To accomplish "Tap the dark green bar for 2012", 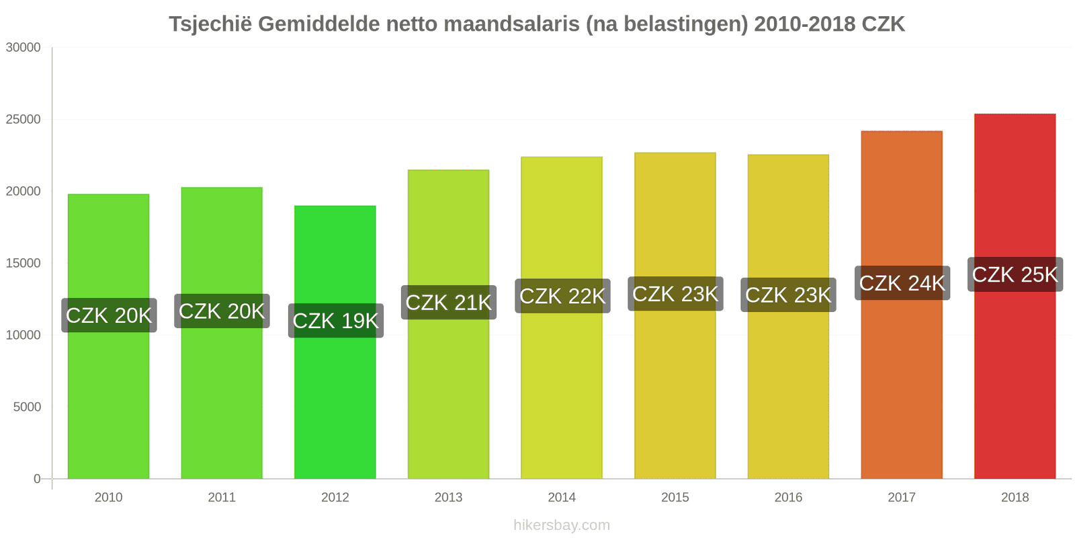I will pyautogui.click(x=335, y=403).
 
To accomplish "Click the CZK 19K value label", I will pyautogui.click(x=336, y=321).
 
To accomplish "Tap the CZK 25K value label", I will pyautogui.click(x=1015, y=274).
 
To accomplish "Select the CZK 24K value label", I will pyautogui.click(x=902, y=283).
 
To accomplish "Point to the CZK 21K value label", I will pyautogui.click(x=449, y=303).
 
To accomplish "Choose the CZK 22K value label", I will pyautogui.click(x=562, y=296).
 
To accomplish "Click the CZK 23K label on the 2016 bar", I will pyautogui.click(x=788, y=295).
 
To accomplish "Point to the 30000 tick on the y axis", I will pyautogui.click(x=24, y=48).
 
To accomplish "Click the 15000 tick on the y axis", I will pyautogui.click(x=24, y=264).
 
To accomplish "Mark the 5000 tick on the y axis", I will pyautogui.click(x=27, y=407).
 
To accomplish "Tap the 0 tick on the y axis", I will pyautogui.click(x=37, y=479).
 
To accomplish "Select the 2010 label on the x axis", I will pyautogui.click(x=108, y=498).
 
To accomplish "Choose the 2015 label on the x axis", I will pyautogui.click(x=675, y=498).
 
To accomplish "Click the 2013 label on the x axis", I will pyautogui.click(x=448, y=498).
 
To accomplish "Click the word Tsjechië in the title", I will pyautogui.click(x=210, y=24).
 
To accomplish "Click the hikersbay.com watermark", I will pyautogui.click(x=562, y=525).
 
